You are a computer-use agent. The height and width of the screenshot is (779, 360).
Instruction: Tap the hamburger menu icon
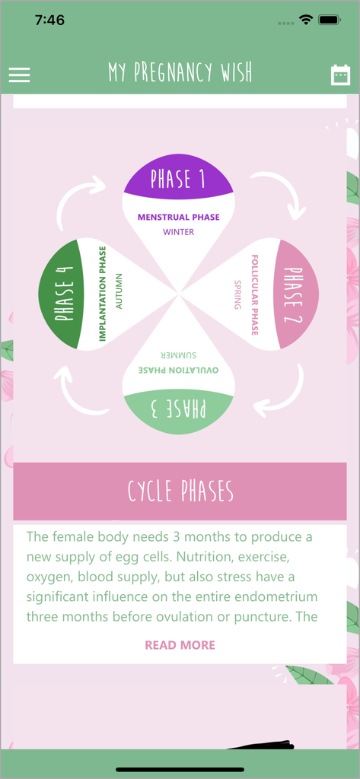tap(19, 75)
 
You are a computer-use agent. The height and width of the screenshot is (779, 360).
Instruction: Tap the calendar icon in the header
tap(340, 75)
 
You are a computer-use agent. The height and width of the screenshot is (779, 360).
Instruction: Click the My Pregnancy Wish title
tap(180, 73)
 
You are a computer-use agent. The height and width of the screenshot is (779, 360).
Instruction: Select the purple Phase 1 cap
tap(179, 178)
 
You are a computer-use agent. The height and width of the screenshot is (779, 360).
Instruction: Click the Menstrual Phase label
tap(179, 217)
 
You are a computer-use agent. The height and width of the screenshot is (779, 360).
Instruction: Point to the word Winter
tap(179, 232)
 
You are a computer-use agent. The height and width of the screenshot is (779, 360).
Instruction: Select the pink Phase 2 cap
tap(298, 294)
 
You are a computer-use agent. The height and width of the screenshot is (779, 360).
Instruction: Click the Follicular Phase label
tap(255, 294)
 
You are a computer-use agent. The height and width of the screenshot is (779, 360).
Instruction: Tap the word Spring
tap(237, 294)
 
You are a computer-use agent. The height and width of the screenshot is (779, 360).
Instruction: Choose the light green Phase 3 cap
tap(179, 410)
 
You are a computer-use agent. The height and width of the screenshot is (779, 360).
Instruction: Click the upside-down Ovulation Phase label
tap(179, 370)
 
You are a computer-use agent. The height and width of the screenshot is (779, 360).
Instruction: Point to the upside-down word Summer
tap(179, 355)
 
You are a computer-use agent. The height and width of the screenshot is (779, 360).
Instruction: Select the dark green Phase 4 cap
tap(63, 294)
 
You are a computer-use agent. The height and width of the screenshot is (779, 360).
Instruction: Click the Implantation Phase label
tap(103, 294)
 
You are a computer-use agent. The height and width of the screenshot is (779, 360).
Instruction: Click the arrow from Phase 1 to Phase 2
tap(282, 193)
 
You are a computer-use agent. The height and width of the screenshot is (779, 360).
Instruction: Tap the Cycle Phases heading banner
tap(180, 491)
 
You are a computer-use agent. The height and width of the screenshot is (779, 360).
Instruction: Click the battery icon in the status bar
tap(330, 21)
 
